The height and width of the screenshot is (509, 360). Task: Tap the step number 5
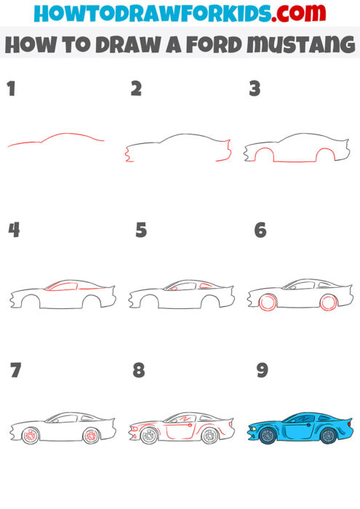[141, 231]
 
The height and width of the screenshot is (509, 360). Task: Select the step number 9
[262, 370]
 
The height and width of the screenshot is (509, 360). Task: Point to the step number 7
[15, 370]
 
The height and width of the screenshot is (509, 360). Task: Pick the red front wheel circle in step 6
[268, 302]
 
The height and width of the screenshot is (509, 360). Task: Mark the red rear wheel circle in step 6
[328, 302]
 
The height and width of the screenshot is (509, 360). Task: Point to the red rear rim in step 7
[91, 436]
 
